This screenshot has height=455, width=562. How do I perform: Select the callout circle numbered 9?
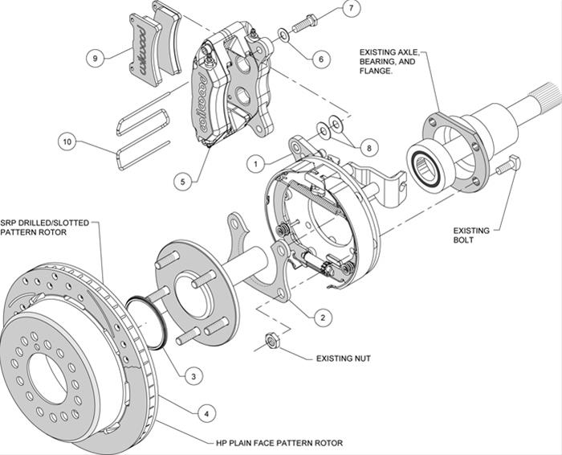point(95,58)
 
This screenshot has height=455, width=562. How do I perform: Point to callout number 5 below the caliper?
point(184,182)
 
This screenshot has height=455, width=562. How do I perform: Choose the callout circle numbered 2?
point(321,318)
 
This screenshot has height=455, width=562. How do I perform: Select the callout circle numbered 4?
point(206,413)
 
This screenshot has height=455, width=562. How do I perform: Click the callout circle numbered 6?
point(320,58)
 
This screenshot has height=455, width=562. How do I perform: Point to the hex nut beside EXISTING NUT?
point(271,342)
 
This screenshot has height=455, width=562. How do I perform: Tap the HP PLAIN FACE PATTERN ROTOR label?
point(279,443)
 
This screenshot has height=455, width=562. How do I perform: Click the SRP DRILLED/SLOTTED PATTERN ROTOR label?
point(46,227)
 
